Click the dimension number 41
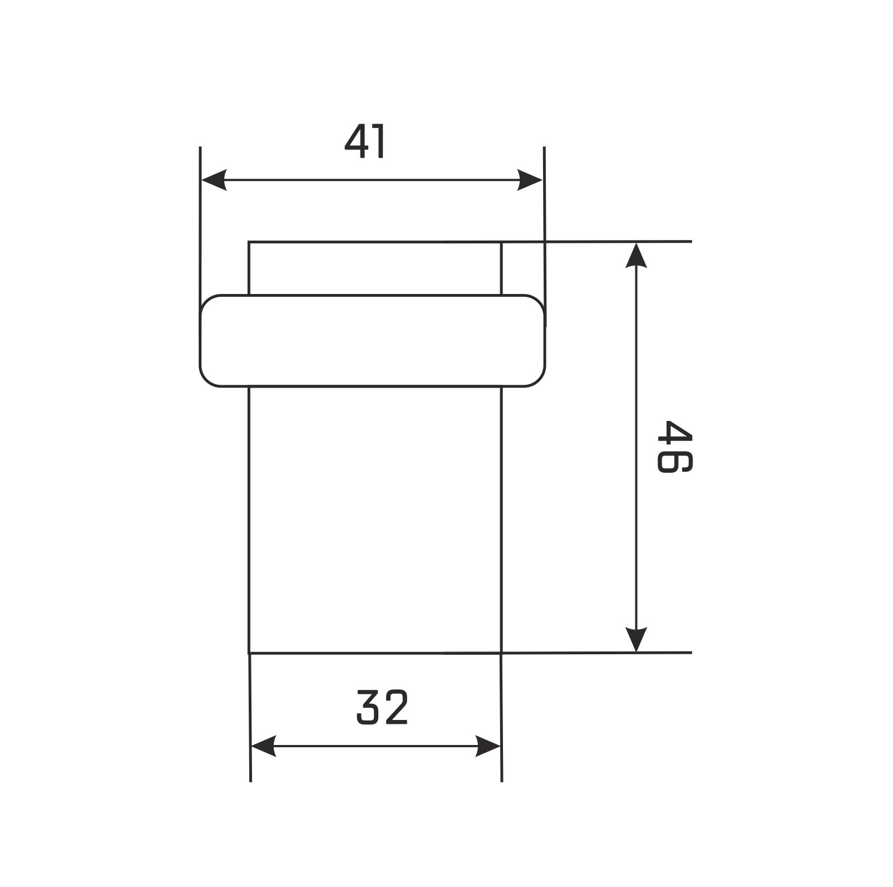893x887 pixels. coord(365,142)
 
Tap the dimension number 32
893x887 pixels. coord(382,707)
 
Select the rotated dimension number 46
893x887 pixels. coord(674,447)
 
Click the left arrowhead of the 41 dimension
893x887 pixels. coord(214,180)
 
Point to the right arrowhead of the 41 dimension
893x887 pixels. coord(530,180)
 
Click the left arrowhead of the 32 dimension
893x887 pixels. coord(264,746)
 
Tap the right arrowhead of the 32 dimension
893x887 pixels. coord(488,746)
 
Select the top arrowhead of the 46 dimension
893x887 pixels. coord(636,255)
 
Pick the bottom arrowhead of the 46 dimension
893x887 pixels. coord(636,639)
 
